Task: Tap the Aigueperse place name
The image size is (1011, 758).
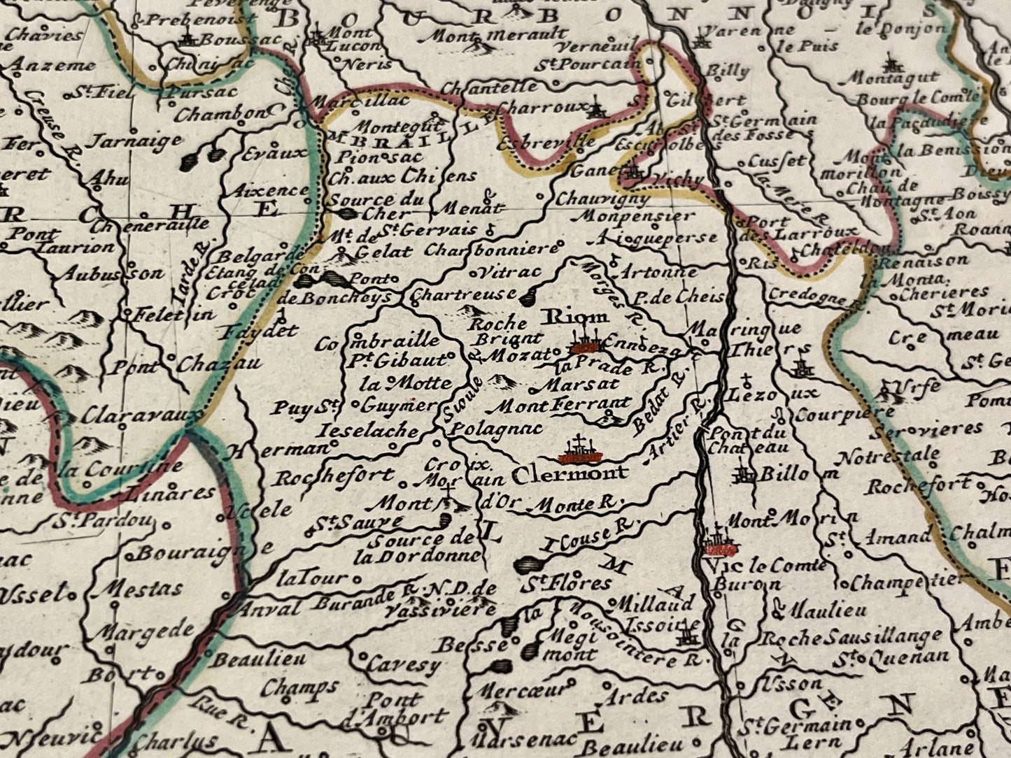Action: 653,239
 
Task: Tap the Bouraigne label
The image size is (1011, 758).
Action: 192,553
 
